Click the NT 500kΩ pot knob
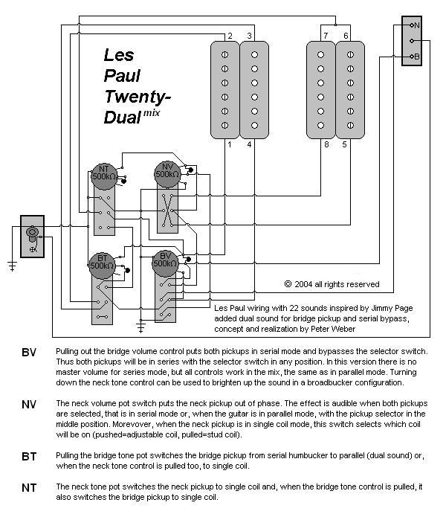(104, 176)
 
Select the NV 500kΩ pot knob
(168, 174)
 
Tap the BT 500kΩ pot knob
(102, 266)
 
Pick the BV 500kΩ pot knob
(165, 263)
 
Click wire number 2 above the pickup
(230, 36)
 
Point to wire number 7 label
(326, 36)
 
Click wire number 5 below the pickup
(345, 144)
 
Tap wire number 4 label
(249, 144)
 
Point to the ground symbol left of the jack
(12, 266)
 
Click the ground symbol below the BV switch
(140, 327)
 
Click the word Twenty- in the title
(138, 97)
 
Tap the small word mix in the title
(152, 113)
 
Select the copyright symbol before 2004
(288, 284)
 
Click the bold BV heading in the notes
(29, 353)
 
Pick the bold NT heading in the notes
(29, 488)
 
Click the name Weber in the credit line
(343, 329)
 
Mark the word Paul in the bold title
(122, 76)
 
